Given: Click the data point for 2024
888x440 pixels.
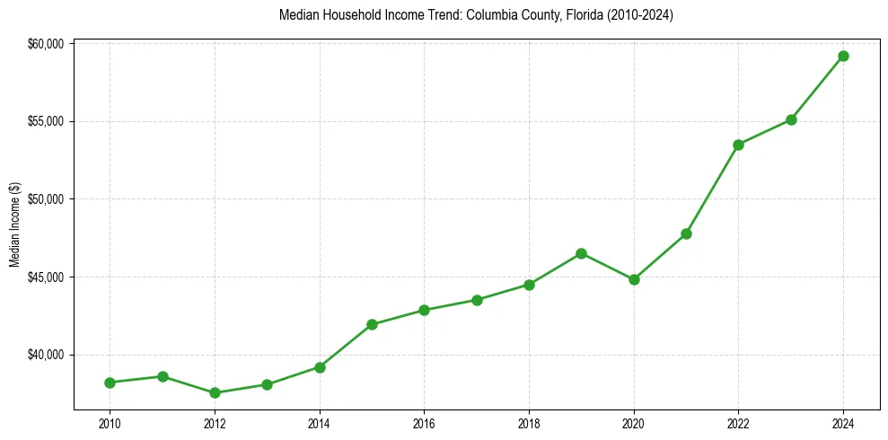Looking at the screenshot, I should (843, 56).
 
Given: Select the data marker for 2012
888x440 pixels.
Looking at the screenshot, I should (215, 392).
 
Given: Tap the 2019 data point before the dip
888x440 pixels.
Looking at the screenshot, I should (581, 253).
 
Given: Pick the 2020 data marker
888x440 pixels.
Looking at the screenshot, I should (634, 279).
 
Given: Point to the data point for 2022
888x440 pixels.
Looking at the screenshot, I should (738, 145).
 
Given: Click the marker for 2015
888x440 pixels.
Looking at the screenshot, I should (372, 324).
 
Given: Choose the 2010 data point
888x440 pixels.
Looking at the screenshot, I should (110, 383).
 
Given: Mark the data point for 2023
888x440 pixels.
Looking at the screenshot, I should (791, 119).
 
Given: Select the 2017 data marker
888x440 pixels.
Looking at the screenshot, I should (477, 300).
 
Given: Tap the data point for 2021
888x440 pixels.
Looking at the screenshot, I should (686, 233).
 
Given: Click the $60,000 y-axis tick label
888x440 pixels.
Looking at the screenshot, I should (45, 44).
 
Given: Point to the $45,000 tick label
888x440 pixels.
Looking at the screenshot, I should (45, 277).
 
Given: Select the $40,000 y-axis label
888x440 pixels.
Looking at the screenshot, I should (45, 355).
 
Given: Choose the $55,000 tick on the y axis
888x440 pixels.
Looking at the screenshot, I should (45, 121).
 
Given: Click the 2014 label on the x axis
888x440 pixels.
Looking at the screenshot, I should (320, 423).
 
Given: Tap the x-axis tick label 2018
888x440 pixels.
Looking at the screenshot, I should (529, 423).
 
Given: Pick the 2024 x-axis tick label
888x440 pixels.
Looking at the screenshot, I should (843, 423).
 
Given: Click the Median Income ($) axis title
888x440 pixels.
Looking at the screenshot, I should (14, 224).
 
